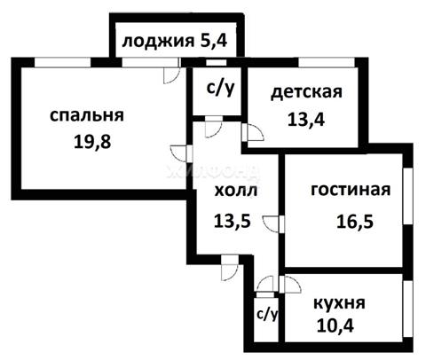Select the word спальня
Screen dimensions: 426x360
tap(87, 115)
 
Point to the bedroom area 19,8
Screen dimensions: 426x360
tap(92, 141)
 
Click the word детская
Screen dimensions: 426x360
tap(306, 92)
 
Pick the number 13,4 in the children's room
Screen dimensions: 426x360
tap(306, 120)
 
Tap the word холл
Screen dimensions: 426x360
tap(236, 191)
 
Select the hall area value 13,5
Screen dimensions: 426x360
tap(233, 220)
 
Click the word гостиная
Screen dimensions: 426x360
tap(351, 190)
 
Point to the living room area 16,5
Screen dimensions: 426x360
tap(355, 222)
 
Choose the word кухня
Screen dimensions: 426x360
tap(339, 303)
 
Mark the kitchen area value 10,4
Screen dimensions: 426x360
tap(335, 326)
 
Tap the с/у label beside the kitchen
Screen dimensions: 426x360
tap(267, 315)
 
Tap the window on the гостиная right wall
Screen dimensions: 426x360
tap(408, 196)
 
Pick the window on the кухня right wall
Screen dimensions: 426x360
tap(408, 308)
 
